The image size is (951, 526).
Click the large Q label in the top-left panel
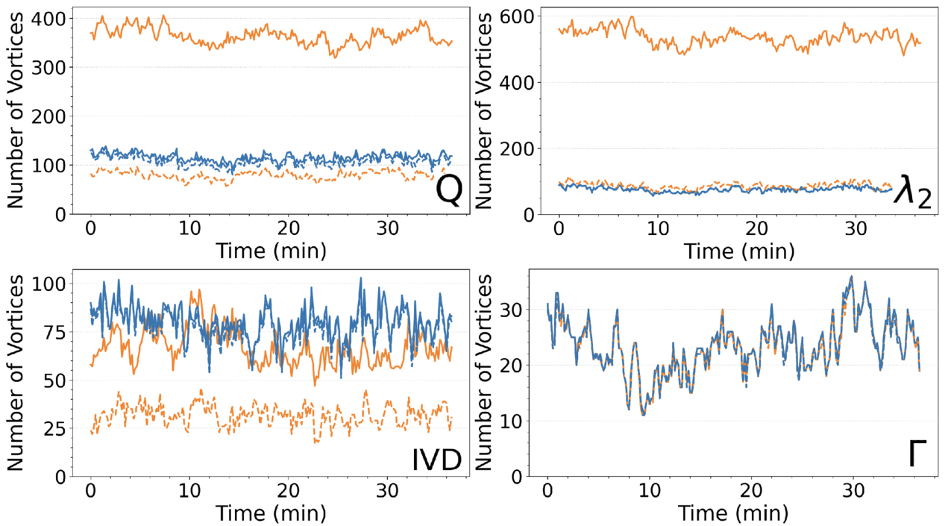(x=448, y=192)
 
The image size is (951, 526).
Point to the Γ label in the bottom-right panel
(x=919, y=454)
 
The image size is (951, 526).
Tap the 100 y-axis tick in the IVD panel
(x=57, y=284)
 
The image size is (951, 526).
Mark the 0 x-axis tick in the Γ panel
(x=548, y=492)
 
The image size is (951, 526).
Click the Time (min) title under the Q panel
(x=272, y=250)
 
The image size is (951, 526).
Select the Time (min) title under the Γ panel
(x=734, y=514)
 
